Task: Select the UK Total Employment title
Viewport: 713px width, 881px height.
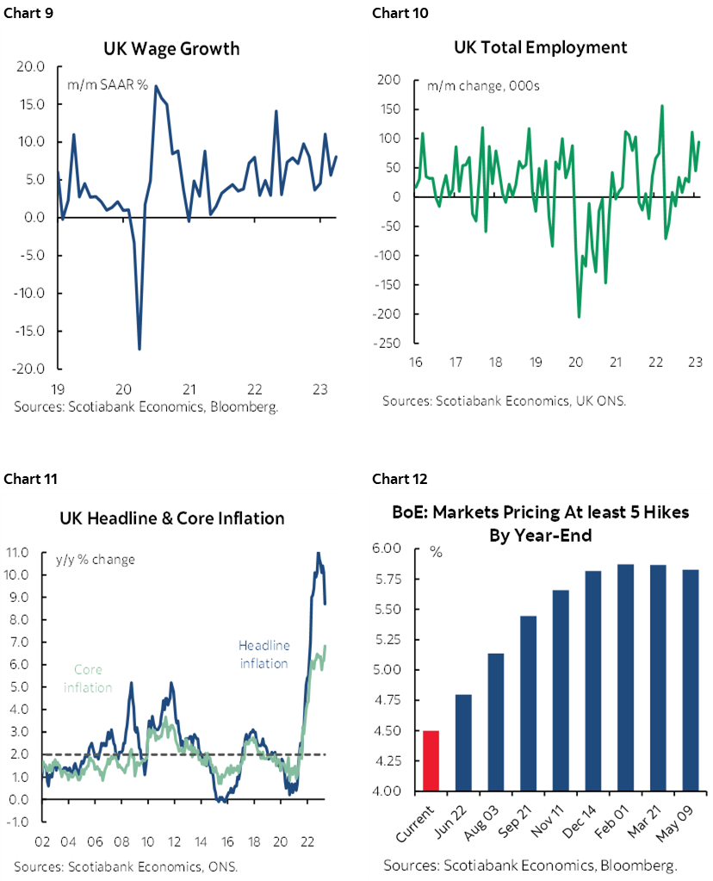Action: click(541, 47)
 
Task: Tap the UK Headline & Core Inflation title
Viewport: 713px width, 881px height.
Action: click(172, 518)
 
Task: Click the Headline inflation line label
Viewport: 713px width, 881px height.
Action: click(263, 655)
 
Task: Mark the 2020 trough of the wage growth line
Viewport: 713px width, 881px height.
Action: click(139, 349)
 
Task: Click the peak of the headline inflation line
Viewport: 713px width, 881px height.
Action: click(319, 553)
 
